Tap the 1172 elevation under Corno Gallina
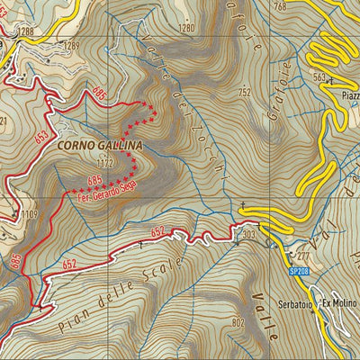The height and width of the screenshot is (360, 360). (107, 164)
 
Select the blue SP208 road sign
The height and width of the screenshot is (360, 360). (299, 269)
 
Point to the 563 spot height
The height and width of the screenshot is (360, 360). (319, 77)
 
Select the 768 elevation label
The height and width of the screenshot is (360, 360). (279, 7)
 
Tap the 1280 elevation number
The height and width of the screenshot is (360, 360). (186, 29)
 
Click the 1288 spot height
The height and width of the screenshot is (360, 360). (25, 31)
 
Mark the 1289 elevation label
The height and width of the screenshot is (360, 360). (70, 44)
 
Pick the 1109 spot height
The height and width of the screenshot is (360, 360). (31, 213)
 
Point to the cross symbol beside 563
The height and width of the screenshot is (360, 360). (332, 78)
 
